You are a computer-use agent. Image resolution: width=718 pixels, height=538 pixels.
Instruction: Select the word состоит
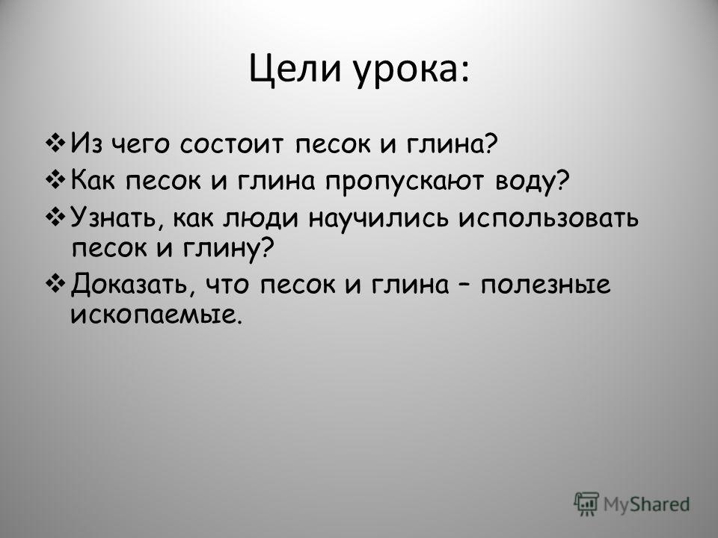pyautogui.click(x=232, y=144)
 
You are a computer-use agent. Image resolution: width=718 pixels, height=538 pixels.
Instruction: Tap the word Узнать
pyautogui.click(x=117, y=217)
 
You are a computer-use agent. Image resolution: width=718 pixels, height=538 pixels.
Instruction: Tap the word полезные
pyautogui.click(x=545, y=285)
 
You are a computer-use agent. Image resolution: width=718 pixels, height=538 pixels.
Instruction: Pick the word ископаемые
pyautogui.click(x=156, y=315)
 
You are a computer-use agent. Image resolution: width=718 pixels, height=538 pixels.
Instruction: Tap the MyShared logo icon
pyautogui.click(x=586, y=504)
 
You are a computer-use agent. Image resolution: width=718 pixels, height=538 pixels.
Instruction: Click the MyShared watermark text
pyautogui.click(x=646, y=504)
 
